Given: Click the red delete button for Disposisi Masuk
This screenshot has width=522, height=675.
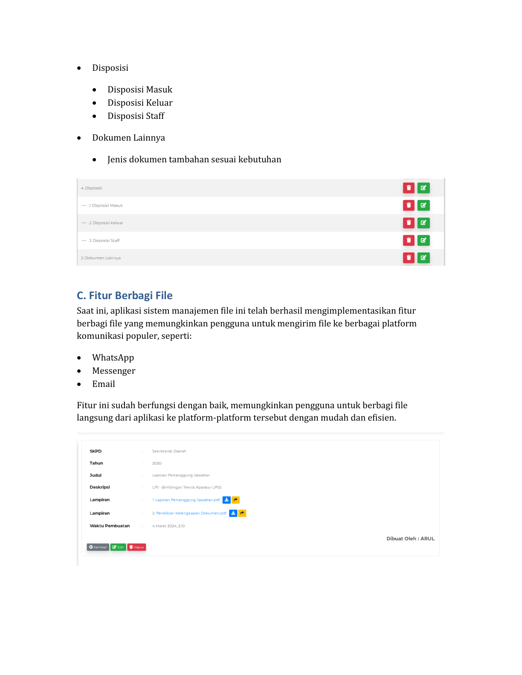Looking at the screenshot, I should [x=409, y=205].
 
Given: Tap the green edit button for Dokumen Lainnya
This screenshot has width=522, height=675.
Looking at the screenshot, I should [x=423, y=258].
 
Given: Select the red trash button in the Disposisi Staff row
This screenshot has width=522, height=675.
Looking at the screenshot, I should [x=409, y=240].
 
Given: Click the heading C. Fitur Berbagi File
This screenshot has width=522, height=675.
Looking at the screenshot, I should [x=125, y=295].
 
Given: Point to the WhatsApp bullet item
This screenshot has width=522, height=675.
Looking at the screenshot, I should [x=113, y=358].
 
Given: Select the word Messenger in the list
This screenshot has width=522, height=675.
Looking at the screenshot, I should [x=113, y=371].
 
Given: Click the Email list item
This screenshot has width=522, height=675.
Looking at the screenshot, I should [x=104, y=384].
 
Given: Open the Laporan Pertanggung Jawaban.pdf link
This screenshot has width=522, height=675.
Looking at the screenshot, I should [x=187, y=500].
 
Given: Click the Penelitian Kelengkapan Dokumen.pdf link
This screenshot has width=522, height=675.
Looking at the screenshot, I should [x=191, y=513].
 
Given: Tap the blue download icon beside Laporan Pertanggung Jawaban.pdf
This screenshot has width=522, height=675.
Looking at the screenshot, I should [x=226, y=500].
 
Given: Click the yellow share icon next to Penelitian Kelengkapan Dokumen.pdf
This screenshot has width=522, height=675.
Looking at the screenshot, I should [x=242, y=513].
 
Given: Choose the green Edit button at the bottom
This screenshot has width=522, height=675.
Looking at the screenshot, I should [x=118, y=547].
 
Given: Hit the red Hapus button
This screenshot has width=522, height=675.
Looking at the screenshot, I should [x=136, y=547].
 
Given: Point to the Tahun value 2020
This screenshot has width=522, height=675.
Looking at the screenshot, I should [x=157, y=463].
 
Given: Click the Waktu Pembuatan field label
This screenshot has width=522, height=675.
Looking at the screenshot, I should [x=110, y=526].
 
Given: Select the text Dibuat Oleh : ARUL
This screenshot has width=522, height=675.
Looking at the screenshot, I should [x=410, y=539].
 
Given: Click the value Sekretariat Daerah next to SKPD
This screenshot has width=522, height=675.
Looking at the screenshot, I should [x=169, y=451].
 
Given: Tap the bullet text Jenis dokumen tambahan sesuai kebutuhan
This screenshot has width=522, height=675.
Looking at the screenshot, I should [x=194, y=159].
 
